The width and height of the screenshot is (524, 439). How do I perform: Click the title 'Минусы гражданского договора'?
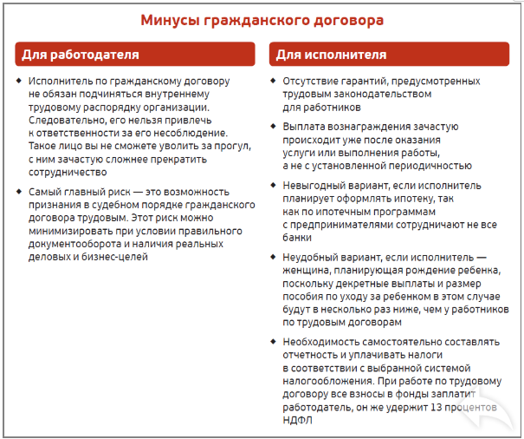tap(262, 19)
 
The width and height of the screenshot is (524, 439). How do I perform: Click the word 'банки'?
tap(298, 239)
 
